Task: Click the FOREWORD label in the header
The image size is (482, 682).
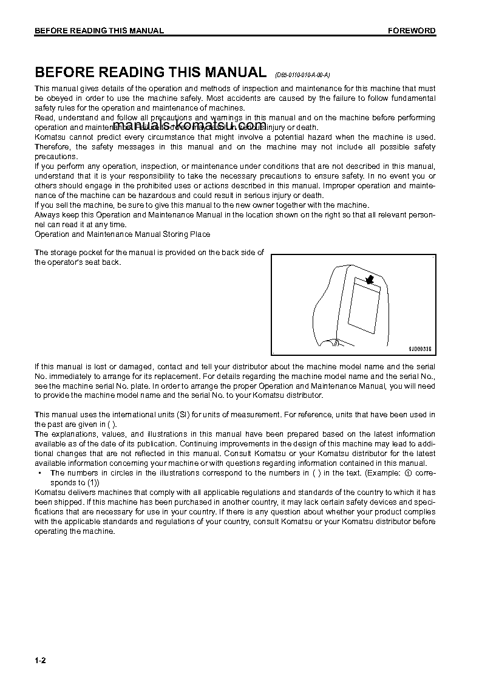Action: tap(412, 31)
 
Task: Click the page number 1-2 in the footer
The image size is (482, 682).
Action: tap(41, 660)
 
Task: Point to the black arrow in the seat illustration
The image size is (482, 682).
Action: tap(366, 279)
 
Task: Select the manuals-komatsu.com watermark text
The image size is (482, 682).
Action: tap(189, 126)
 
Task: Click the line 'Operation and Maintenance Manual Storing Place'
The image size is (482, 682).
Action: tap(123, 234)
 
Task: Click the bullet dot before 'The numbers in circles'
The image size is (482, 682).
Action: tap(39, 473)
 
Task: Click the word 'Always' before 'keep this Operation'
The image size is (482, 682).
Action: tap(46, 215)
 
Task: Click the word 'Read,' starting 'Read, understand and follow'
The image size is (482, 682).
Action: tap(45, 118)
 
